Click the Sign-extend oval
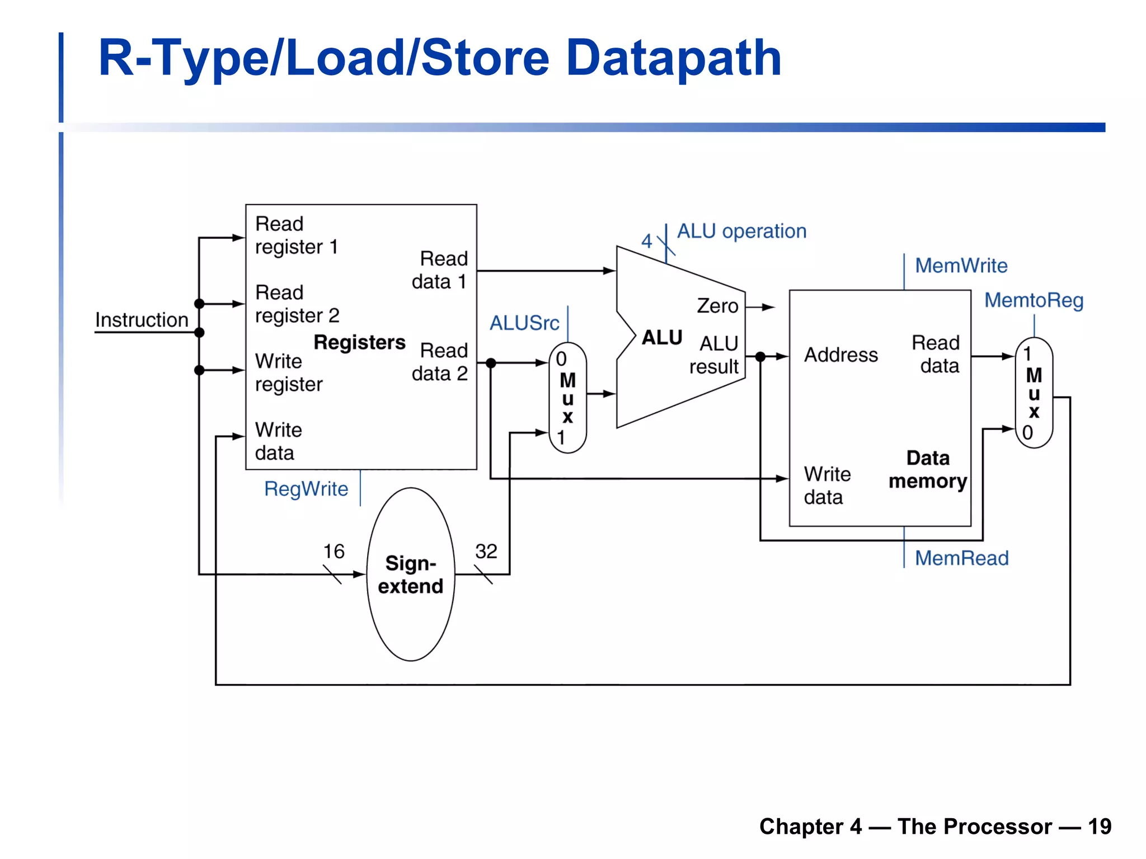[410, 574]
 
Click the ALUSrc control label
[524, 323]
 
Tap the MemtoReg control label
[1034, 300]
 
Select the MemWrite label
[961, 265]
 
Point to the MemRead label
[961, 558]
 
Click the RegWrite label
[306, 489]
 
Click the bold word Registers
[359, 342]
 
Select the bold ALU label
[661, 337]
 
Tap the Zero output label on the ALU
[717, 306]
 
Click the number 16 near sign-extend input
[334, 551]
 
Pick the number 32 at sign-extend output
[486, 551]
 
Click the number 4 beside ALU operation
[646, 241]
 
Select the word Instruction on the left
[142, 320]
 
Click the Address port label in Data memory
[840, 355]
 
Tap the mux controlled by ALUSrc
[567, 398]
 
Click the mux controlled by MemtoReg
[1034, 393]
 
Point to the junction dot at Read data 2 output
[491, 363]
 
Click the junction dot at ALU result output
[760, 356]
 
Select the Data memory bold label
[928, 469]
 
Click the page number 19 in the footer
[1099, 826]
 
